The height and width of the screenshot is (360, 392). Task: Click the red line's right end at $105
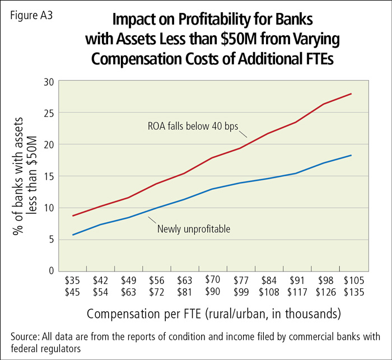(x=351, y=93)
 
